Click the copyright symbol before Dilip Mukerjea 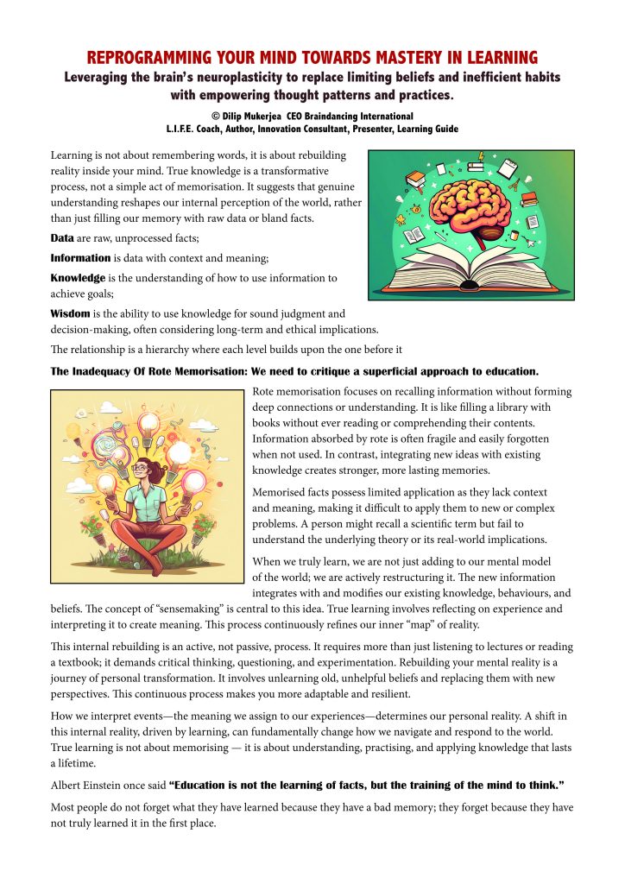tap(215, 116)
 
